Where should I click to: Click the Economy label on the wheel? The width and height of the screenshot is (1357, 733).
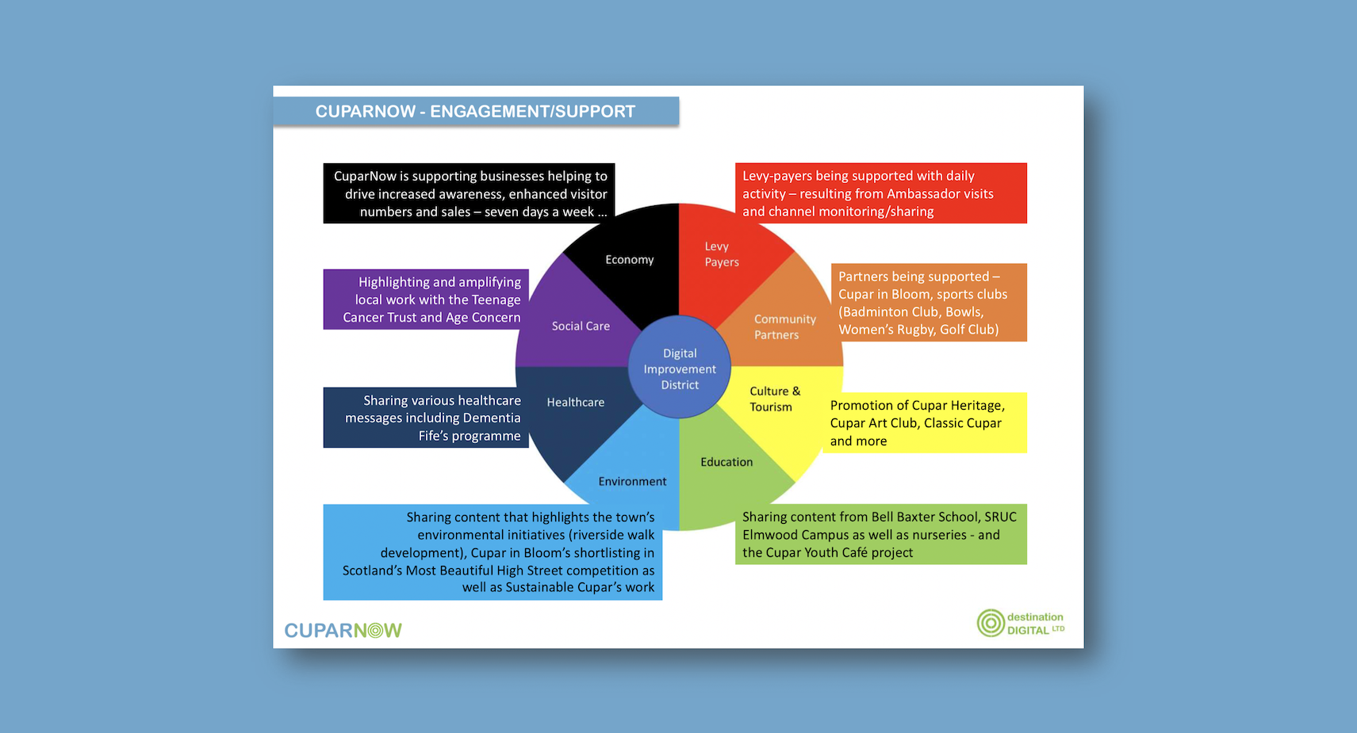pyautogui.click(x=630, y=260)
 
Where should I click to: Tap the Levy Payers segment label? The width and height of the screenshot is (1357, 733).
pyautogui.click(x=722, y=254)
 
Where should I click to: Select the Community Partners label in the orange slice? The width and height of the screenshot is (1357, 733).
pyautogui.click(x=784, y=326)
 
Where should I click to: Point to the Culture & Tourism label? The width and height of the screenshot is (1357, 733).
pyautogui.click(x=775, y=399)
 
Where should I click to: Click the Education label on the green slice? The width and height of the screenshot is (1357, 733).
pyautogui.click(x=726, y=462)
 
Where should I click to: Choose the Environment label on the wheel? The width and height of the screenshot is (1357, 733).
pyautogui.click(x=632, y=481)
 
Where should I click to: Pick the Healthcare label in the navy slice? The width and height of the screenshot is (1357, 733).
pyautogui.click(x=576, y=402)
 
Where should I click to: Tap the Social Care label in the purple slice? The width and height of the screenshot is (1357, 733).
pyautogui.click(x=581, y=326)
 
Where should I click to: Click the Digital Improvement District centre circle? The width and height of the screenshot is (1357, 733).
pyautogui.click(x=679, y=367)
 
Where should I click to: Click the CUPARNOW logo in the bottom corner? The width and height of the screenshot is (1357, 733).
pyautogui.click(x=343, y=630)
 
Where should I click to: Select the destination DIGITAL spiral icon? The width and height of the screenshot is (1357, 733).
pyautogui.click(x=991, y=623)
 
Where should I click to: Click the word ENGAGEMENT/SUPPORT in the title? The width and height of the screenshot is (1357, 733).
pyautogui.click(x=532, y=112)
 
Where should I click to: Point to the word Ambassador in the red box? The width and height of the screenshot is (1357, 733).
pyautogui.click(x=921, y=193)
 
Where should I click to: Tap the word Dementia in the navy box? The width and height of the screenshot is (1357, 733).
pyautogui.click(x=491, y=418)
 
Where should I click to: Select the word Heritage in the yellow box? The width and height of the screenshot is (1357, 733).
pyautogui.click(x=976, y=406)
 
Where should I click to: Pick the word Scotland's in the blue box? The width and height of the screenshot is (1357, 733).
pyautogui.click(x=372, y=571)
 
